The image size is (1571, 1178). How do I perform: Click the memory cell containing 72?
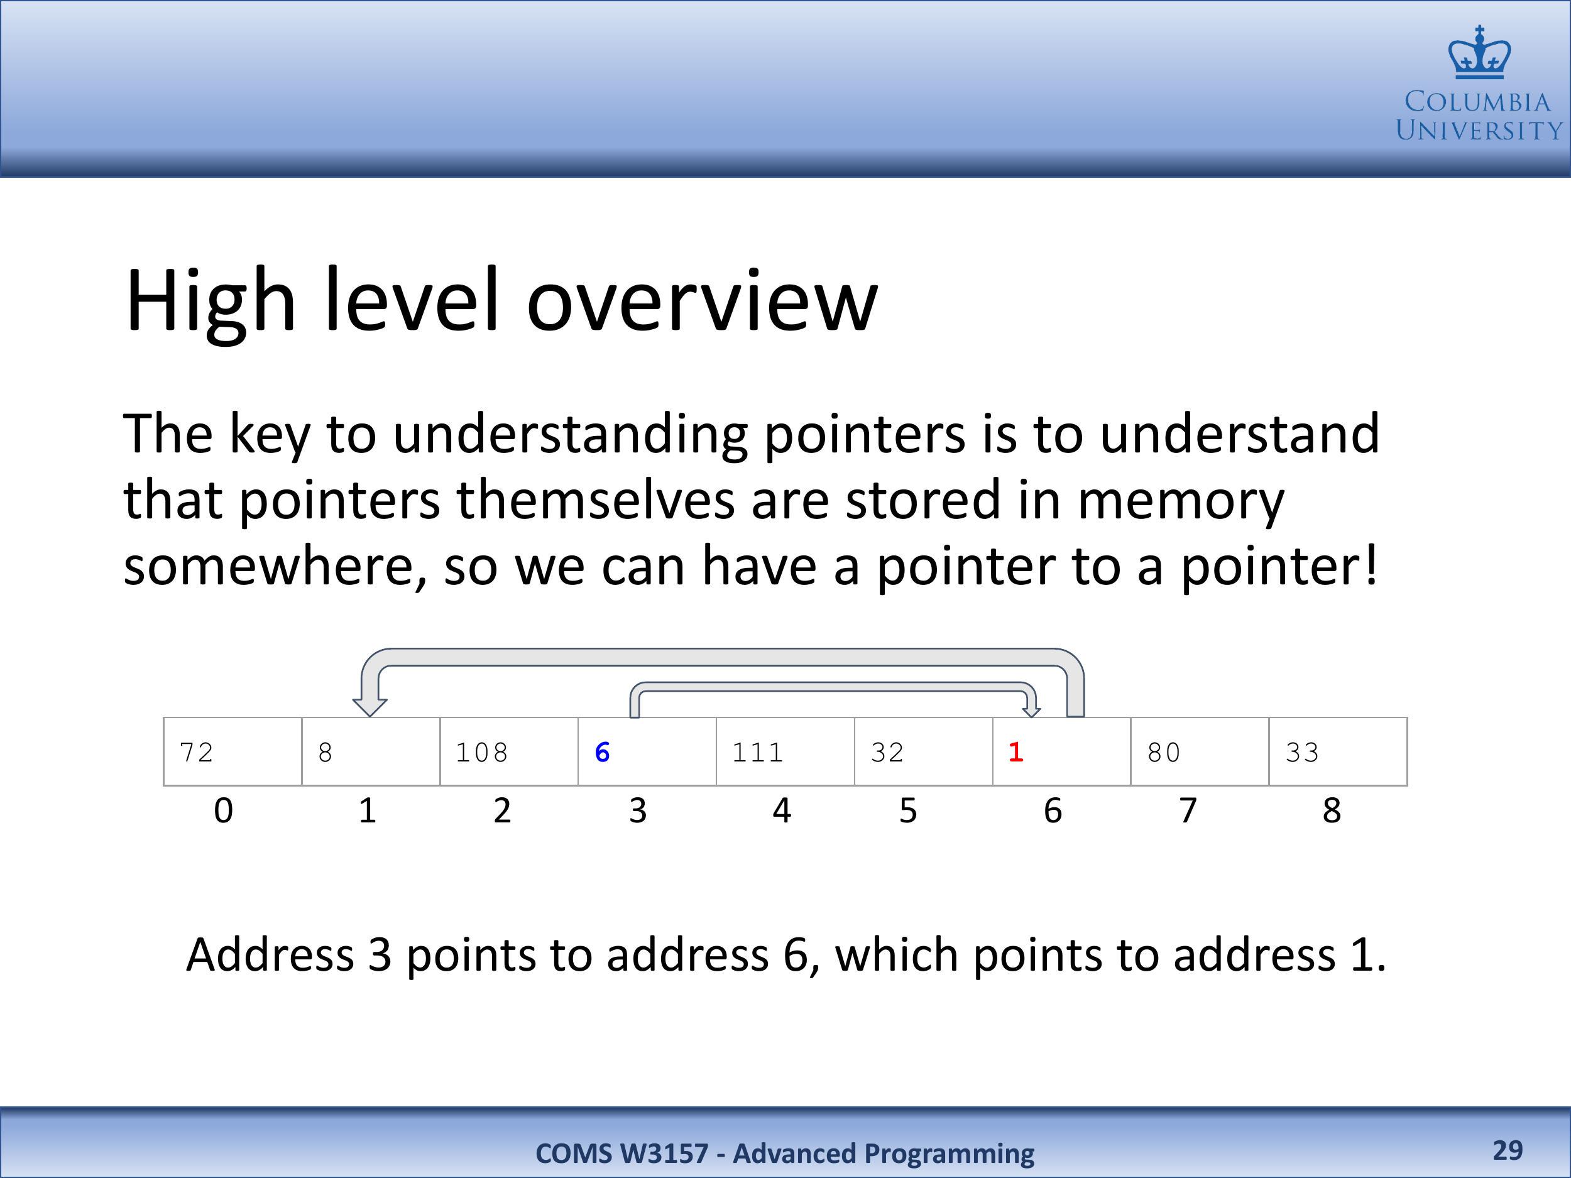click(233, 751)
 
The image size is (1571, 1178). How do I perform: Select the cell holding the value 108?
click(509, 751)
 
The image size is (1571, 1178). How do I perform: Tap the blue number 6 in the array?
click(602, 752)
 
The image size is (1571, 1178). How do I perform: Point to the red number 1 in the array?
click(1015, 752)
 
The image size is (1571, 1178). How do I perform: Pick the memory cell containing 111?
click(785, 751)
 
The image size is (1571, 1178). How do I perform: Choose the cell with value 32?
click(924, 751)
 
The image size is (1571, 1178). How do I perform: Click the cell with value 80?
click(1200, 751)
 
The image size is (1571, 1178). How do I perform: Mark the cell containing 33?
click(1338, 751)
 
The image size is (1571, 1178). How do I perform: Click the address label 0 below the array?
click(223, 810)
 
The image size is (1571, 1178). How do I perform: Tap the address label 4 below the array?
click(782, 810)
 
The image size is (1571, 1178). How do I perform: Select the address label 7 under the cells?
click(1188, 810)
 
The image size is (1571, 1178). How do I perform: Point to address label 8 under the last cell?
click(1332, 810)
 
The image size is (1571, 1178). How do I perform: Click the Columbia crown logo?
click(1479, 52)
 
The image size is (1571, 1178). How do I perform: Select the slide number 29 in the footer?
click(1508, 1150)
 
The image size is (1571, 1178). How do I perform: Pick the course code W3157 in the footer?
click(664, 1153)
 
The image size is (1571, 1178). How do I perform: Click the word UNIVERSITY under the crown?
click(1479, 131)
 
